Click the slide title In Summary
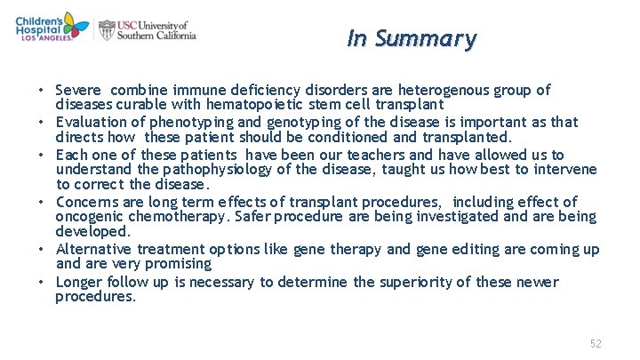click(412, 39)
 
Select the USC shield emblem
click(107, 30)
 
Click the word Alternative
click(95, 250)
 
